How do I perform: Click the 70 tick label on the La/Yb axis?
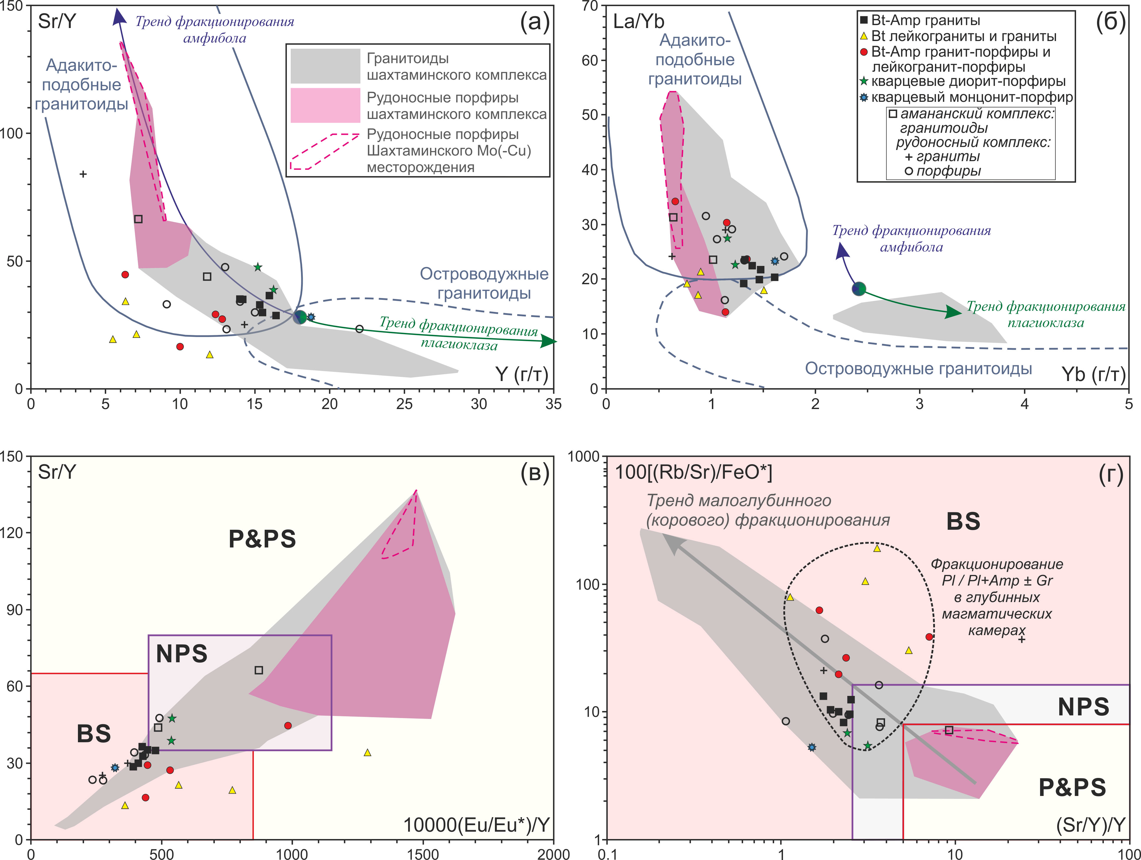(x=590, y=6)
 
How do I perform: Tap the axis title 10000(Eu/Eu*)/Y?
(x=475, y=825)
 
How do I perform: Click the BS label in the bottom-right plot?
(x=963, y=521)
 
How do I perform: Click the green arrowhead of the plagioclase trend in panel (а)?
(x=549, y=341)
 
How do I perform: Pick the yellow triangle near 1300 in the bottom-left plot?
(x=367, y=753)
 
